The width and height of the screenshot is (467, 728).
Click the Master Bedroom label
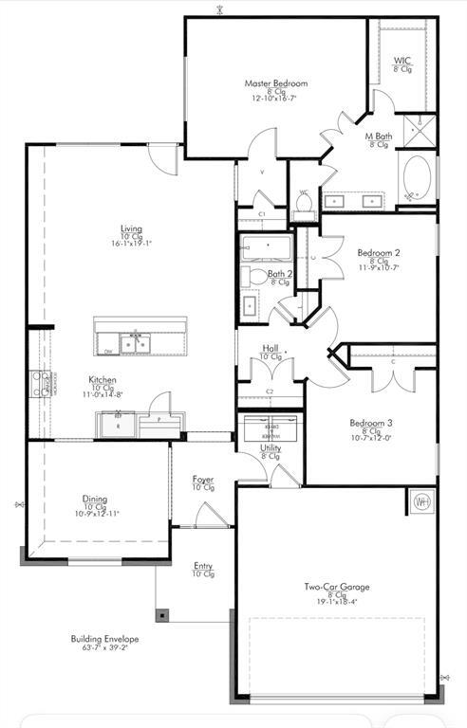[x=275, y=83]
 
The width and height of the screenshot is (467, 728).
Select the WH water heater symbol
[x=420, y=500]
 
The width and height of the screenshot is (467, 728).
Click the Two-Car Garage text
[x=337, y=588]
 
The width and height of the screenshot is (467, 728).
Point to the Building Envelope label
[x=104, y=640]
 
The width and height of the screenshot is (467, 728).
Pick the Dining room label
[x=94, y=499]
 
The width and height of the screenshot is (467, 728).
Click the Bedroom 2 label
[x=379, y=253]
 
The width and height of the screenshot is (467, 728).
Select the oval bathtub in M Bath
[x=415, y=176]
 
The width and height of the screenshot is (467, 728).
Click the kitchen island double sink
[x=134, y=343]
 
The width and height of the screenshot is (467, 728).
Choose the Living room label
[x=131, y=228]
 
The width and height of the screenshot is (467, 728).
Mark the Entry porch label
[x=203, y=566]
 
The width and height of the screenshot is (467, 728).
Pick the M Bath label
[x=380, y=136]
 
